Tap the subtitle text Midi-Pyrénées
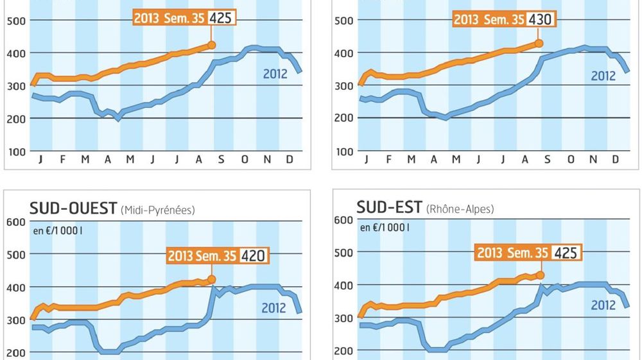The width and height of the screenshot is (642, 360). [157, 210]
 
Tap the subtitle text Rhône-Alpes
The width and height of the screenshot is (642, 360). [462, 209]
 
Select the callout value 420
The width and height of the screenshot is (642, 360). [253, 256]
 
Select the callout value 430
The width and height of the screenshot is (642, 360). [539, 19]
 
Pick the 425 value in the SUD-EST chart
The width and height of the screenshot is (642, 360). [566, 253]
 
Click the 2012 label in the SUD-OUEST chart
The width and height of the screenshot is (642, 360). [274, 309]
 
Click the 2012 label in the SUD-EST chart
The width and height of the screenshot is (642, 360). [603, 305]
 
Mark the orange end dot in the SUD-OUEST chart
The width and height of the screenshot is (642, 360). [212, 280]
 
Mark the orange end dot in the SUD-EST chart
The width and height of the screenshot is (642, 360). [540, 275]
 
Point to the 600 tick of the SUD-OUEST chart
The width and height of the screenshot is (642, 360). [15, 222]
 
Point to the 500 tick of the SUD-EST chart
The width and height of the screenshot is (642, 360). [343, 252]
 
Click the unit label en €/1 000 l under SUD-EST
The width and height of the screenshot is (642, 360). [383, 227]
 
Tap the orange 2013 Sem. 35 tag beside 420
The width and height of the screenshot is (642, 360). [202, 256]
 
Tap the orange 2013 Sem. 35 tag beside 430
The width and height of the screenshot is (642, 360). [489, 19]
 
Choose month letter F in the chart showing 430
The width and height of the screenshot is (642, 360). [388, 159]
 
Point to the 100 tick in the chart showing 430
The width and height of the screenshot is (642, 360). [344, 151]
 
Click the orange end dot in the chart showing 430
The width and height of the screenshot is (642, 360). [539, 44]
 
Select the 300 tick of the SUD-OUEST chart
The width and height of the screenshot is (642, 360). [15, 320]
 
